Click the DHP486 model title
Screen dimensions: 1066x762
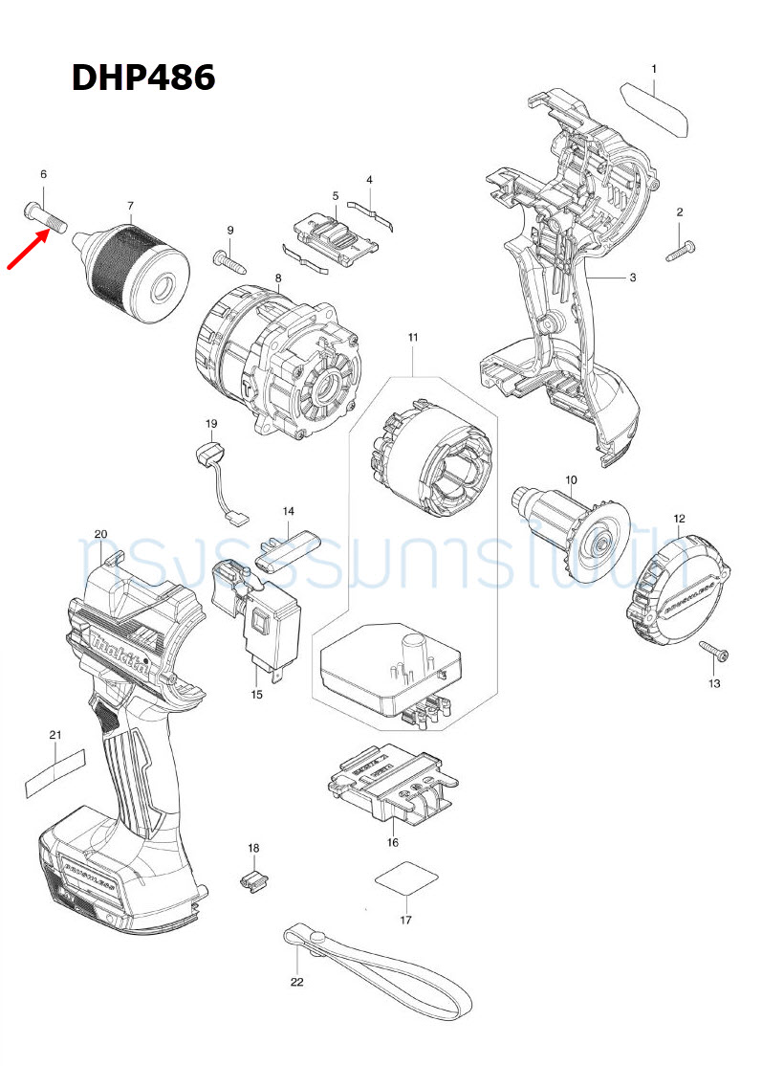[143, 78]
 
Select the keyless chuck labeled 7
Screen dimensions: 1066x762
[139, 262]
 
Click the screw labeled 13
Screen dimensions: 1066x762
[715, 655]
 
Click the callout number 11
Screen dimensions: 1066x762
[413, 337]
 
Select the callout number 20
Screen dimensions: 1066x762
[100, 534]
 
